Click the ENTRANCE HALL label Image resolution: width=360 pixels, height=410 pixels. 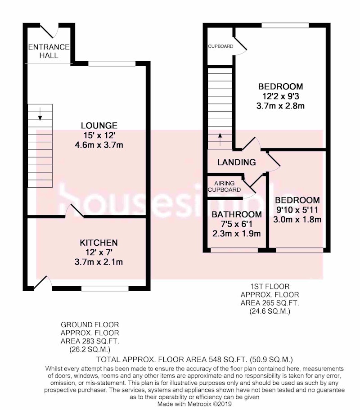click(49, 51)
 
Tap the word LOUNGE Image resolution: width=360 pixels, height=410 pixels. click(99, 126)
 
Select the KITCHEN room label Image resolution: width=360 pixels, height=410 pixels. click(99, 243)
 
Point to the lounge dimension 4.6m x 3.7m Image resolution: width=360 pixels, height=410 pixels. click(99, 145)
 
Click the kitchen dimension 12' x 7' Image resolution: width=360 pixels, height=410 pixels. click(99, 252)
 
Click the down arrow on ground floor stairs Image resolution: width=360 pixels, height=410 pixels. click(40, 114)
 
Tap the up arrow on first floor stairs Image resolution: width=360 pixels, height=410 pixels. click(220, 140)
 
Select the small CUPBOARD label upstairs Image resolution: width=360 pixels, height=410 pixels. click(220, 46)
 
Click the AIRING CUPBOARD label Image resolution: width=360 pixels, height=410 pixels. click(224, 186)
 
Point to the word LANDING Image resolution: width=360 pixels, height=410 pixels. click(237, 162)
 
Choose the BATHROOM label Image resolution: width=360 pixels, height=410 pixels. click(237, 214)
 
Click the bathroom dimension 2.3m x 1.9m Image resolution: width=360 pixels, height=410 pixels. click(237, 234)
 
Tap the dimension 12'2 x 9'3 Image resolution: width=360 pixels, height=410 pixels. click(281, 96)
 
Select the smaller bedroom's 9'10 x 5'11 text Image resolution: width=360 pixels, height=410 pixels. click(297, 210)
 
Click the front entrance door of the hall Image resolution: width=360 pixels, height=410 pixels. click(49, 31)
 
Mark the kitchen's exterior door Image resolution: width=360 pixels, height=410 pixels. click(42, 283)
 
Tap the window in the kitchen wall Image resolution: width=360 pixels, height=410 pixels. click(105, 288)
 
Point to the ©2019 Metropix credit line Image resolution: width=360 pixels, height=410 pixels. click(194, 404)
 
